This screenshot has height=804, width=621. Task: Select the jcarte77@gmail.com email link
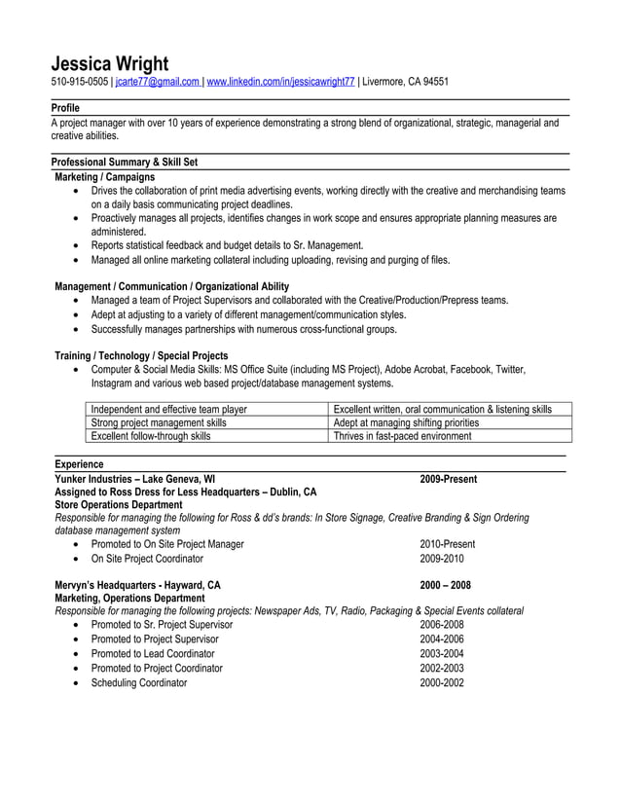157,83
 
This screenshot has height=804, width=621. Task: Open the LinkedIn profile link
280,83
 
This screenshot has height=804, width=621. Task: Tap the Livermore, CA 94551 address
406,83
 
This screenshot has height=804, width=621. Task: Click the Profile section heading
65,108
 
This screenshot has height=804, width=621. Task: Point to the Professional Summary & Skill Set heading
125,163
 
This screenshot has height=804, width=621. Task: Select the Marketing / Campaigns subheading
104,177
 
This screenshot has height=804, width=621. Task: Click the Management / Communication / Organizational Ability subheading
171,286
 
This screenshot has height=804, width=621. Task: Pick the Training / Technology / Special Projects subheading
141,355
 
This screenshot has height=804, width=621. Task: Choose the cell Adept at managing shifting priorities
406,423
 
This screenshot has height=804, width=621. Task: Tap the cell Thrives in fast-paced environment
402,437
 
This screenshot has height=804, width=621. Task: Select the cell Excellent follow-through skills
150,437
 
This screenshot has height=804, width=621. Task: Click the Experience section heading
79,465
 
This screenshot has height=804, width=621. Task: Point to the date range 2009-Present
448,479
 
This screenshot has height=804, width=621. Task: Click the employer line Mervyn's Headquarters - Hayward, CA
137,585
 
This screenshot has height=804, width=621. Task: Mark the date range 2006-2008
442,625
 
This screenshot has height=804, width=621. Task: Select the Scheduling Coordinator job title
138,683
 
